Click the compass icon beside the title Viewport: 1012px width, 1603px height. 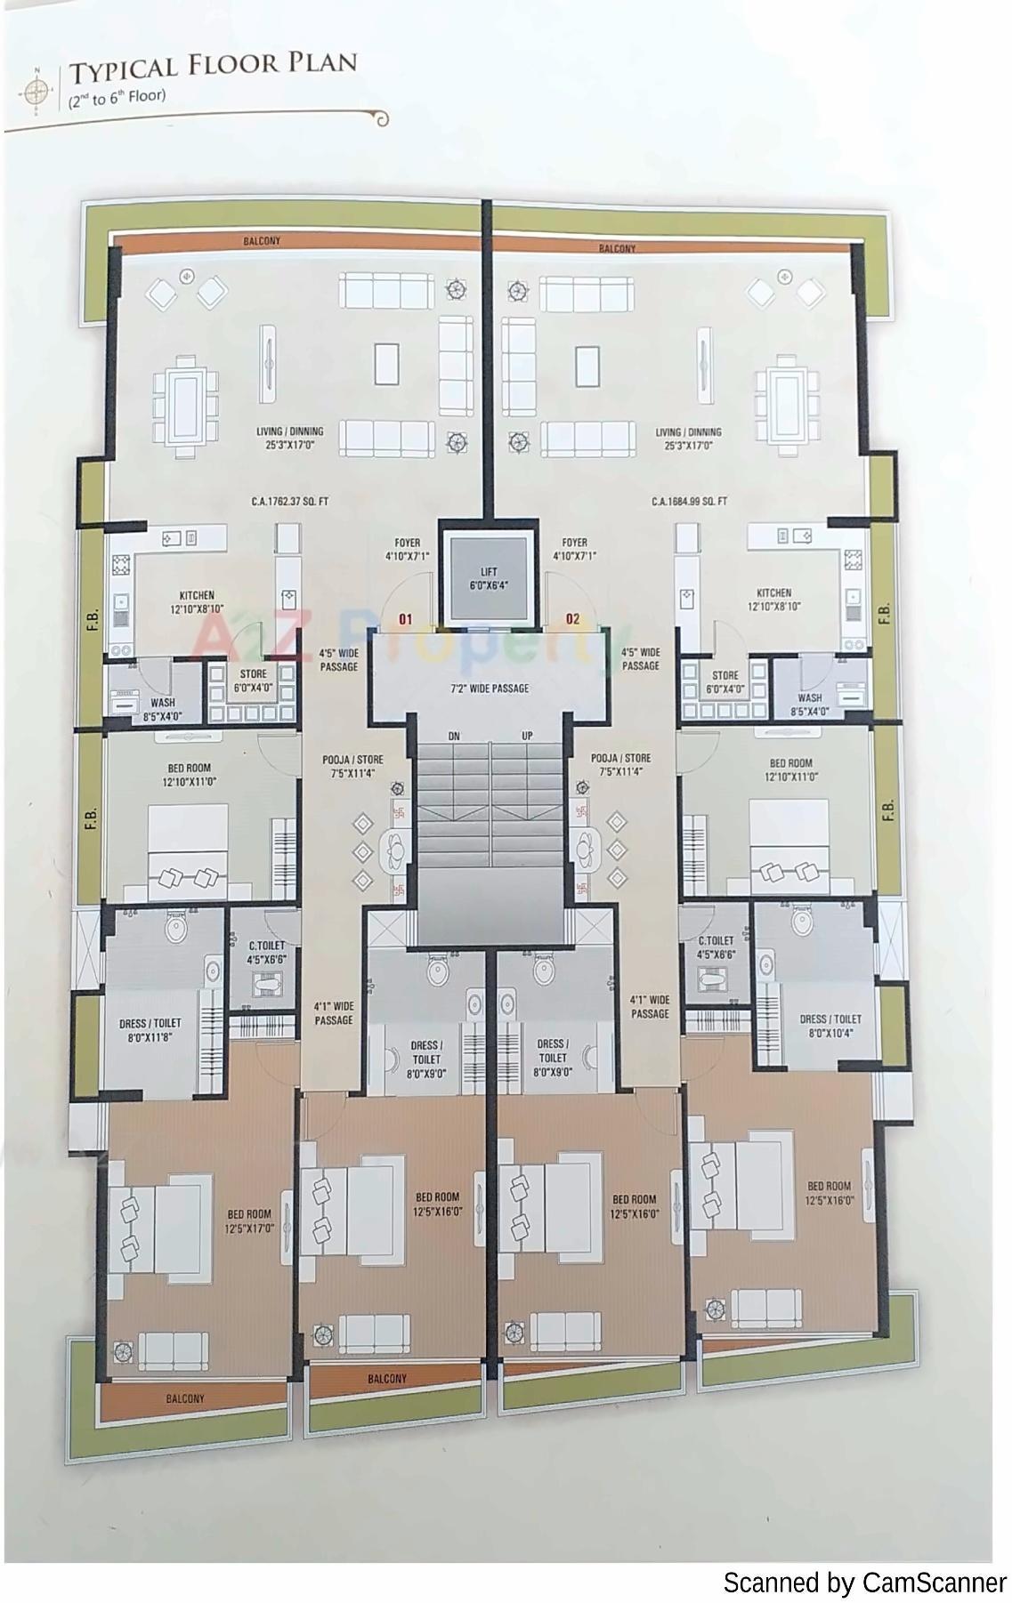click(36, 91)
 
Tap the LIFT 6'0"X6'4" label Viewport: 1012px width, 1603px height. click(489, 579)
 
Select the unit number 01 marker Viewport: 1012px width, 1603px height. click(405, 618)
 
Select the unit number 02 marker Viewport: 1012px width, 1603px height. click(572, 618)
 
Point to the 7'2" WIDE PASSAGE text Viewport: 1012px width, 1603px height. click(489, 688)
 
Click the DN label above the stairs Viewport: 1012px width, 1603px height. click(453, 736)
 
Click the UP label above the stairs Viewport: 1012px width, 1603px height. click(527, 736)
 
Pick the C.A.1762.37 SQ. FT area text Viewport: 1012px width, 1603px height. click(289, 502)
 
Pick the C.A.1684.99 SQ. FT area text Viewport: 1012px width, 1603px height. click(689, 502)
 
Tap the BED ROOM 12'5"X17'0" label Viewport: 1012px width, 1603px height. click(249, 1221)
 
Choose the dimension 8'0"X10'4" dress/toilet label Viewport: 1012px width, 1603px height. click(830, 1033)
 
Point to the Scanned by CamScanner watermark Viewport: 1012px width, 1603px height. click(863, 1583)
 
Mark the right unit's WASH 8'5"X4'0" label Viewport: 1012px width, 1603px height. click(810, 705)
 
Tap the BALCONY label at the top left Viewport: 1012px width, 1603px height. click(262, 241)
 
